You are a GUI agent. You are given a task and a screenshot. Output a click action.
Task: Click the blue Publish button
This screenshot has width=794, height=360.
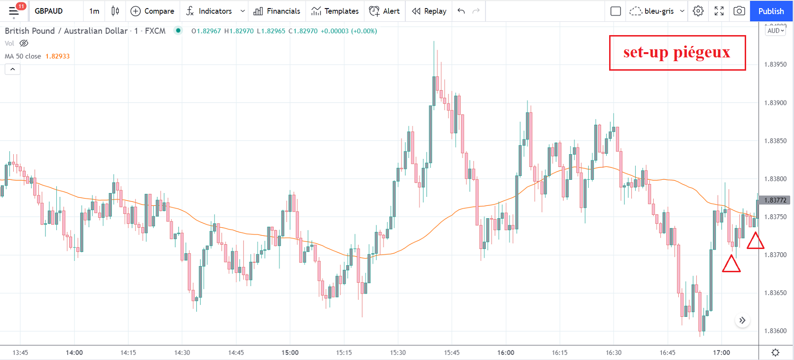point(771,11)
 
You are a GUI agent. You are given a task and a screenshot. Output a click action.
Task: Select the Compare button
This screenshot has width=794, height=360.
point(152,11)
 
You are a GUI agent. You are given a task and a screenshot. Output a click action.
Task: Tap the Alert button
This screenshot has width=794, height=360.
point(384,11)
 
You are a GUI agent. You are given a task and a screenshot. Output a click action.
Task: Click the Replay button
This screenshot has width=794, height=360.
point(429,11)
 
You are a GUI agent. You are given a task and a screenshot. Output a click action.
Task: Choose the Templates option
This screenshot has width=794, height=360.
point(335,11)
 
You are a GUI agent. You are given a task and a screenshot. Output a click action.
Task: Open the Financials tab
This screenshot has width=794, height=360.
point(277,11)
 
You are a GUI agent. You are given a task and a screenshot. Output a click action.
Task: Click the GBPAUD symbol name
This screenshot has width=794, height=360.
point(48,11)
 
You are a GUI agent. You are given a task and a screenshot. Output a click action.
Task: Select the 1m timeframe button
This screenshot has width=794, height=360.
point(94,11)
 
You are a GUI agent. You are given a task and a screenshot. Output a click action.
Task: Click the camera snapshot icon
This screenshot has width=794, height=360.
point(739,11)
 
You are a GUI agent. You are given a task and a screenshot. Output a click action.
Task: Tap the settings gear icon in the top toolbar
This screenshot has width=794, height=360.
point(698,11)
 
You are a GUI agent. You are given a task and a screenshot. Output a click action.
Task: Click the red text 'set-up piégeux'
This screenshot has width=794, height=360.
point(676,52)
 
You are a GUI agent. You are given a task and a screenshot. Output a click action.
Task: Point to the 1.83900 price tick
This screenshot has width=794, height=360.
point(775,103)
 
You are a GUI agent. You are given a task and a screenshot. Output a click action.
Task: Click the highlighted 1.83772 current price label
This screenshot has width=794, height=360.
point(775,200)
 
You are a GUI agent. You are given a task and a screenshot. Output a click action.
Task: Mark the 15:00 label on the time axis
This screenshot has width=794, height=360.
point(290,352)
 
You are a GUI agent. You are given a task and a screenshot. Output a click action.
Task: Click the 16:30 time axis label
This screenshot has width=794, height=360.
point(613,352)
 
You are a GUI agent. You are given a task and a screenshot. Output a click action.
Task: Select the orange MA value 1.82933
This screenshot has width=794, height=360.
point(57,56)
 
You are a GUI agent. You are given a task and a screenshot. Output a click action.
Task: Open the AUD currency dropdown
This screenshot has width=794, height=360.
point(776,30)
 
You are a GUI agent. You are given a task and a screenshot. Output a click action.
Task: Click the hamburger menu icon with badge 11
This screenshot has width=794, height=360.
point(14,11)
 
